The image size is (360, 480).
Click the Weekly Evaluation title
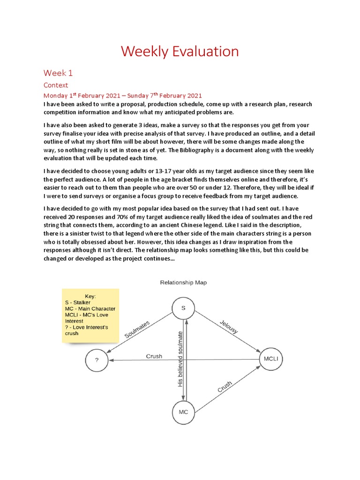(x=180, y=51)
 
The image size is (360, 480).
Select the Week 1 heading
(x=58, y=73)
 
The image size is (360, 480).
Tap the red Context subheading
(x=56, y=85)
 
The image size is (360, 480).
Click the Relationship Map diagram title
(x=183, y=283)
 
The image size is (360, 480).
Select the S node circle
(x=183, y=308)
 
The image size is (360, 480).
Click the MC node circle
(x=183, y=412)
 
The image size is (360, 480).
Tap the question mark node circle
(x=97, y=360)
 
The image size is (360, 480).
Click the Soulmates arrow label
(x=137, y=329)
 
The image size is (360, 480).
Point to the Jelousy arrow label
(x=229, y=327)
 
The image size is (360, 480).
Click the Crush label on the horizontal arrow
(x=154, y=356)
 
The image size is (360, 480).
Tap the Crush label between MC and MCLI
(x=225, y=387)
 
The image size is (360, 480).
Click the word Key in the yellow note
(x=90, y=296)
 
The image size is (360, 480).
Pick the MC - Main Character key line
(x=90, y=309)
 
